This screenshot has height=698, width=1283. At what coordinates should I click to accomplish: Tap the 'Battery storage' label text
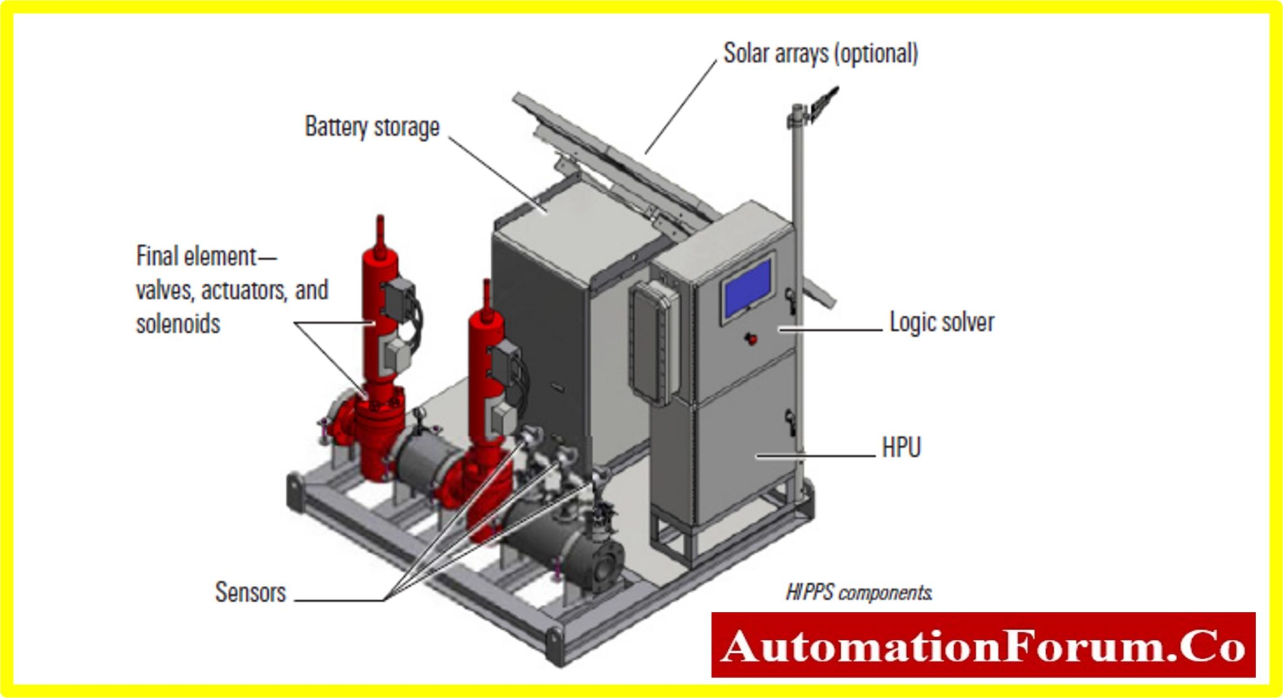[371, 127]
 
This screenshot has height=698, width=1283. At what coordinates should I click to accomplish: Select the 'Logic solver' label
[941, 323]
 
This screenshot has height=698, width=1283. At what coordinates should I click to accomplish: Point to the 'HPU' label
[901, 448]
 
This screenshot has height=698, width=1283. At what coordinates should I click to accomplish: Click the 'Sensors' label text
[250, 593]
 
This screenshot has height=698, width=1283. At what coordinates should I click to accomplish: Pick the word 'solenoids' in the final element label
[178, 325]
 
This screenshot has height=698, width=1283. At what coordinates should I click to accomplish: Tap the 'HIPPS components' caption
[858, 593]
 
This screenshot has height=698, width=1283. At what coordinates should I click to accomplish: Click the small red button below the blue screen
[751, 339]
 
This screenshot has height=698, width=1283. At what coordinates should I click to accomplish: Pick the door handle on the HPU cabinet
[791, 423]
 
